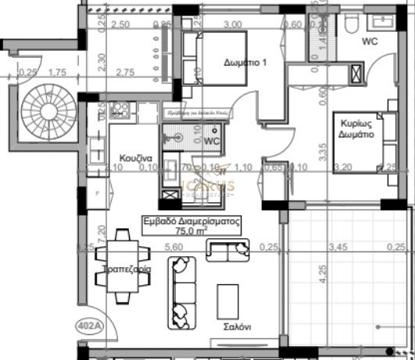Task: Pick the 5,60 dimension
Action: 173,247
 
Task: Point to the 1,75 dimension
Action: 56,72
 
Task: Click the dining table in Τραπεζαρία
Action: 121,267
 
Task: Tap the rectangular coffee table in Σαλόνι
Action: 228,300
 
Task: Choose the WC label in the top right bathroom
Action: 370,41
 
